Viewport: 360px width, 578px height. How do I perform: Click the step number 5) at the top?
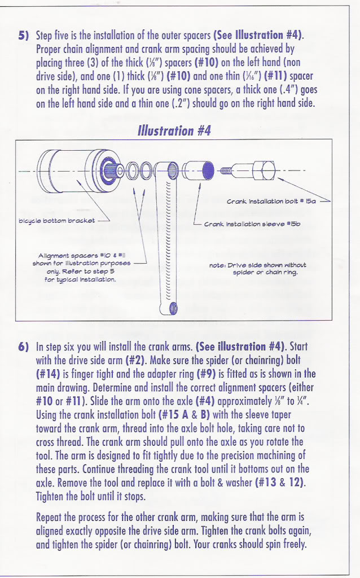tap(23, 35)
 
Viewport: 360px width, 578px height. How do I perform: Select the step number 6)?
tap(23, 346)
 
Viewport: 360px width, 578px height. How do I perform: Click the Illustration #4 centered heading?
tap(174, 131)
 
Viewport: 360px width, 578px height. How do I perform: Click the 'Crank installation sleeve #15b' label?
tap(252, 224)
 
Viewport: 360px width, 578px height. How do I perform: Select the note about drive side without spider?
tap(257, 268)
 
